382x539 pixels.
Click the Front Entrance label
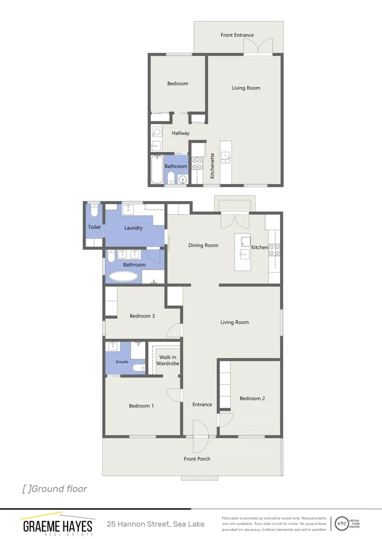click(x=237, y=35)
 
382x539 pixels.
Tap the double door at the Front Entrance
click(x=258, y=48)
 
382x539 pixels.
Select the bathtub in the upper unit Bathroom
click(x=157, y=170)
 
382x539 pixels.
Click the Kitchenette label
click(x=212, y=166)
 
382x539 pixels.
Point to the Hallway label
click(x=180, y=133)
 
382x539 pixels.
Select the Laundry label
click(x=133, y=228)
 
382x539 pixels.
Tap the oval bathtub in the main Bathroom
click(x=123, y=277)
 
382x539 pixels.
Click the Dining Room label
click(x=203, y=245)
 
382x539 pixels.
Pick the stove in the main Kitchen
click(x=274, y=250)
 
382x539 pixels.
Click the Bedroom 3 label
click(x=142, y=316)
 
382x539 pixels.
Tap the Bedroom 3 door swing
click(x=174, y=331)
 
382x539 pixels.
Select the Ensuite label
click(x=122, y=362)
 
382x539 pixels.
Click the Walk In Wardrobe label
click(x=167, y=360)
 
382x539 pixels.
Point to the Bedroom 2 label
click(x=252, y=398)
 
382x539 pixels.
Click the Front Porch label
click(x=197, y=459)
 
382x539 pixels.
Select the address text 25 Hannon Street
click(x=155, y=524)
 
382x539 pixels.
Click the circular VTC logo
click(x=342, y=524)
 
